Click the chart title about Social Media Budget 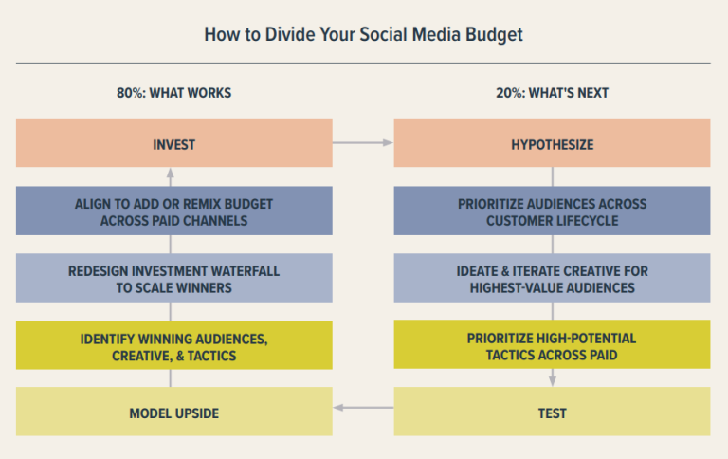coord(364,35)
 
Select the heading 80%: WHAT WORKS coord(173,93)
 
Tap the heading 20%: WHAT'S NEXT coord(552,93)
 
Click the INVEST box coord(173,143)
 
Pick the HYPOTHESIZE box coord(552,143)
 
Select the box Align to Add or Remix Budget coord(173,211)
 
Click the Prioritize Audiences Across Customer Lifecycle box coord(552,211)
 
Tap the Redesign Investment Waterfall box coord(173,278)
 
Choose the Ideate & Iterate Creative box coord(552,278)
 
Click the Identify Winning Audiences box coord(173,345)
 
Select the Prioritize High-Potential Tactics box coord(552,345)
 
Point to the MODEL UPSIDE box coord(173,413)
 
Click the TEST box coord(552,413)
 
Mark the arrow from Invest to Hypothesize coord(363,142)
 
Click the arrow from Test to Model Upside coord(363,409)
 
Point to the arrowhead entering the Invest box coord(171,174)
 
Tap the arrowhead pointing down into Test coord(552,381)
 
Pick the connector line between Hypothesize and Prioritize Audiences coord(552,176)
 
